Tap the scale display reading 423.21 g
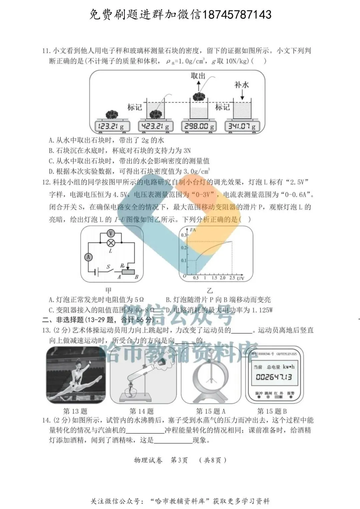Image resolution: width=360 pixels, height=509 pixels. (x=155, y=126)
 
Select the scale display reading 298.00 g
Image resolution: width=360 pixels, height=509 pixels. (x=199, y=126)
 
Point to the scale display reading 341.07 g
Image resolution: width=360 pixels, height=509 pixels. (x=242, y=126)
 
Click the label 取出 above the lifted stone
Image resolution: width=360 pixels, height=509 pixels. (x=198, y=76)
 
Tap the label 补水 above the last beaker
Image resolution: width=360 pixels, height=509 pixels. (x=242, y=85)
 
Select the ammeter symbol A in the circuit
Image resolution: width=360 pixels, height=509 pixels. (x=88, y=257)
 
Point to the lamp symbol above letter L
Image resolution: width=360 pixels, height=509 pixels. (x=110, y=243)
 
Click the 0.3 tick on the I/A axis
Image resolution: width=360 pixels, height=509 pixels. (x=184, y=235)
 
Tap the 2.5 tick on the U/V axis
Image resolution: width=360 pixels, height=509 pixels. (x=232, y=278)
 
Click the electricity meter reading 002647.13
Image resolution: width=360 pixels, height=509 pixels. (x=274, y=377)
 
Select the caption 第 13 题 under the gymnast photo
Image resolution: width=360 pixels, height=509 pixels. (x=75, y=411)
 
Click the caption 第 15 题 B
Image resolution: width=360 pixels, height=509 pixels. (x=272, y=411)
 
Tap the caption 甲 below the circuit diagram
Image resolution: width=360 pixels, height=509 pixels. (x=108, y=290)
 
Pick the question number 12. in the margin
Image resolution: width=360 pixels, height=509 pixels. (x=46, y=182)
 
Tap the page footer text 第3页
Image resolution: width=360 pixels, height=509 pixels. (x=179, y=460)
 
